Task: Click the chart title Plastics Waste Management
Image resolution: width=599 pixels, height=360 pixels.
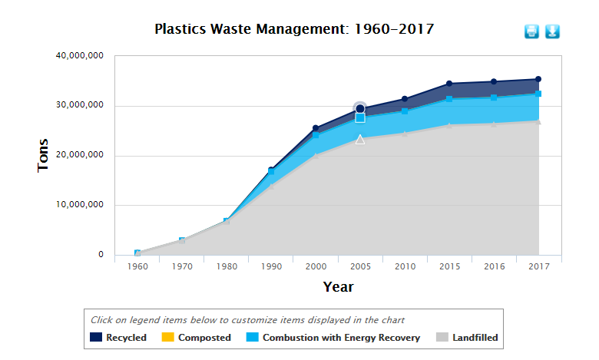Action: [294, 30]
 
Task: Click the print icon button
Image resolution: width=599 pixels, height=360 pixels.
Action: [531, 31]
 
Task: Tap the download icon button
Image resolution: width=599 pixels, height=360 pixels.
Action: [553, 31]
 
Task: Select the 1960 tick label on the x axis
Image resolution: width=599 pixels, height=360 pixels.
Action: [137, 266]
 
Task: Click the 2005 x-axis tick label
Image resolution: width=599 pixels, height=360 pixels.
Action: [360, 266]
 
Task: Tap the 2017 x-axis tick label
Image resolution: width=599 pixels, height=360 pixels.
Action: [538, 266]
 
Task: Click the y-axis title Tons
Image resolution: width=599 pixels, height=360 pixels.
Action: [44, 155]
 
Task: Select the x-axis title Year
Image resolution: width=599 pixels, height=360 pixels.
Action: [338, 286]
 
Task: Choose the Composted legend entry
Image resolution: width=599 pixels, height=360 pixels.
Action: [197, 337]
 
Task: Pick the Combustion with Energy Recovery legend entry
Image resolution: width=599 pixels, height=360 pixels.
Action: [333, 337]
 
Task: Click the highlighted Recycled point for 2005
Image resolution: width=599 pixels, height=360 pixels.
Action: [360, 109]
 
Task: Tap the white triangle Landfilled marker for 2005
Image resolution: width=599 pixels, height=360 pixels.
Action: [360, 139]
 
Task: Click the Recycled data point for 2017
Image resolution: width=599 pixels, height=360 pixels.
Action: [538, 79]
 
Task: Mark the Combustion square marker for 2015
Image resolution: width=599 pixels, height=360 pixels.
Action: [449, 99]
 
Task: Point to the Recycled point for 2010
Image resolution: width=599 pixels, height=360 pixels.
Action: [405, 99]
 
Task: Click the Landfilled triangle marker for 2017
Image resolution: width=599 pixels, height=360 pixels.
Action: [538, 121]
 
